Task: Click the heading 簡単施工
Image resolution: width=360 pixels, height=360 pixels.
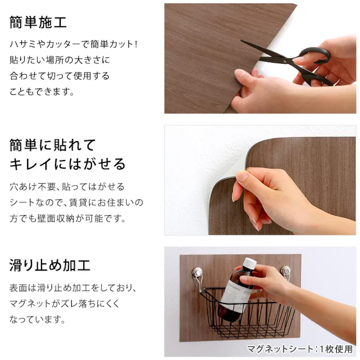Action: (38, 23)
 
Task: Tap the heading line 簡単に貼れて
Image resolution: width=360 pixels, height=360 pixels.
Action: (53, 146)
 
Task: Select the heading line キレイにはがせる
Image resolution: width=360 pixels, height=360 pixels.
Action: (68, 164)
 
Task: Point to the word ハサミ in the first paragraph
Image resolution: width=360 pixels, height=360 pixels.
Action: (22, 44)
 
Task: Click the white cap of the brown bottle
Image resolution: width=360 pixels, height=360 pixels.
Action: (249, 264)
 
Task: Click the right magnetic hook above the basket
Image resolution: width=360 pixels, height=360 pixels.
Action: (285, 273)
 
